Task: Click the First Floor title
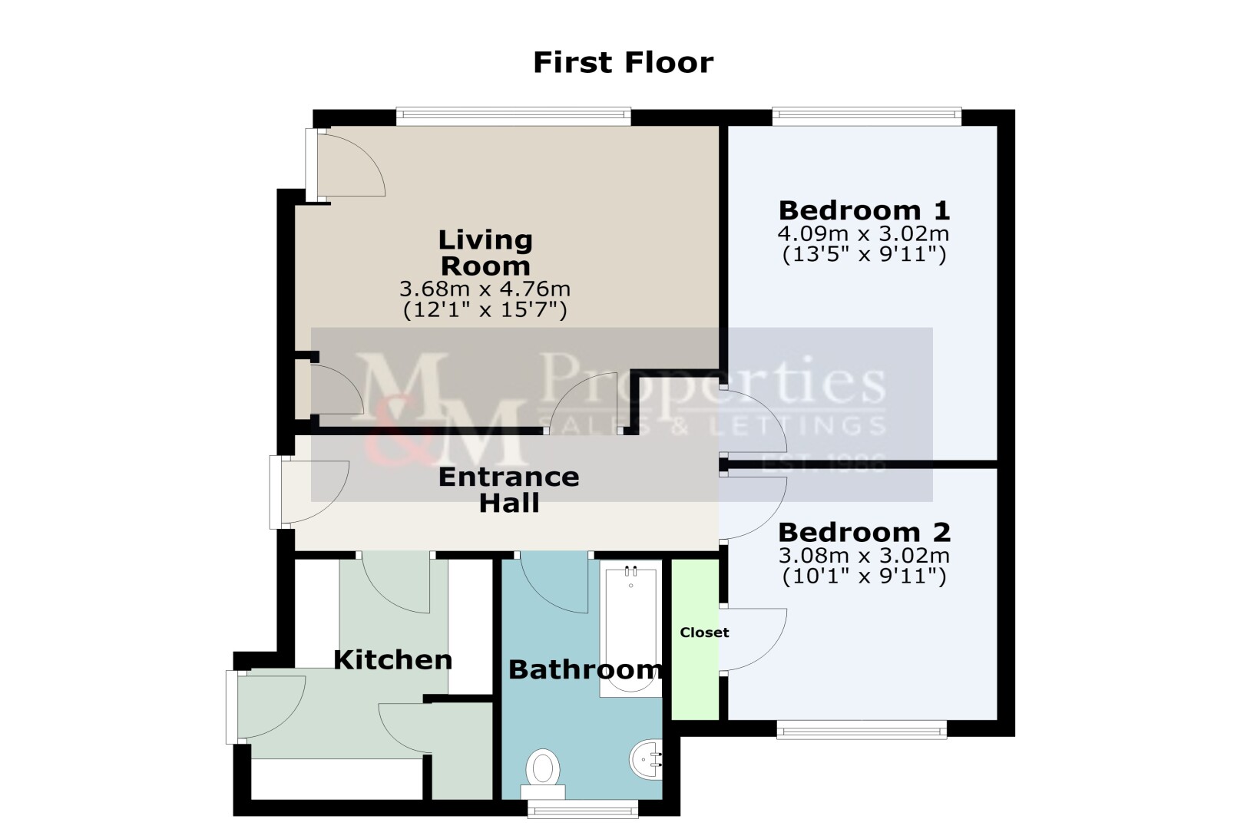coord(623,62)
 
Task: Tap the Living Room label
coord(485,253)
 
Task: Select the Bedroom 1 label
coord(864,210)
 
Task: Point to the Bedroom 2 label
coord(864,533)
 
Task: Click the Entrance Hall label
coord(508,490)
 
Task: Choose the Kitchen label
coord(392,660)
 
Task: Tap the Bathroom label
coord(585,669)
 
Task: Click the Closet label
coord(704,632)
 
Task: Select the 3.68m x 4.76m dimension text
coord(485,289)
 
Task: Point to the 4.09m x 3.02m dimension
coord(864,233)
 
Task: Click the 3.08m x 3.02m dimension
coord(864,555)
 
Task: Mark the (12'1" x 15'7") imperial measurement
coord(485,310)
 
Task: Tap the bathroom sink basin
coord(646,759)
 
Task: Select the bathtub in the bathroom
coord(631,628)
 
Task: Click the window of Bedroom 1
coord(866,116)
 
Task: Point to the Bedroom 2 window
coord(862,729)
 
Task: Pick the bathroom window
coord(583,809)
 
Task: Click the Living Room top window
coord(514,116)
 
